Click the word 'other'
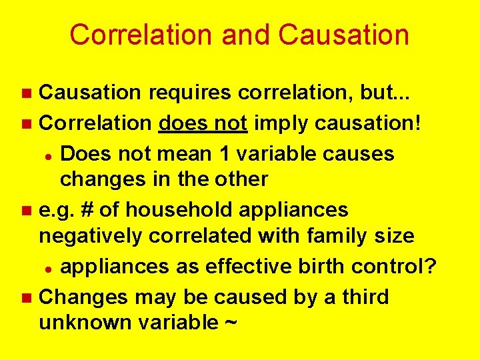pos(239,179)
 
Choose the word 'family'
pos(339,236)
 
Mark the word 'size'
pos(394,236)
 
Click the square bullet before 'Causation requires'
pos(27,95)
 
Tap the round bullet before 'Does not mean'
pos(49,154)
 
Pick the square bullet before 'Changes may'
pos(27,297)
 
